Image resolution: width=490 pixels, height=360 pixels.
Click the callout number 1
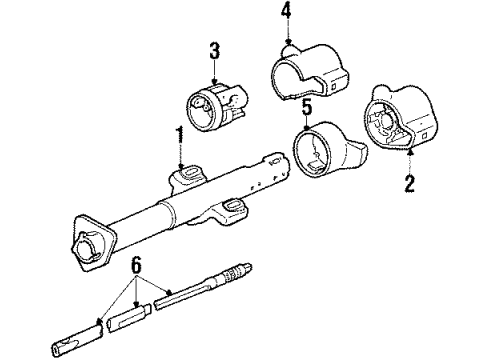[179, 134]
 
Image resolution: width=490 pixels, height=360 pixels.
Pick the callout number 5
[307, 103]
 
